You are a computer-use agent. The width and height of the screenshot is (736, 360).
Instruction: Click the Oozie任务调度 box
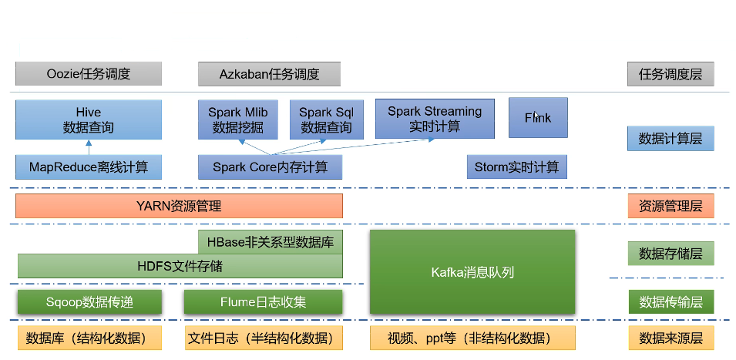tap(89, 74)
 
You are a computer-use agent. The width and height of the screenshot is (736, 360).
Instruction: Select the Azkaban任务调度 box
tap(269, 74)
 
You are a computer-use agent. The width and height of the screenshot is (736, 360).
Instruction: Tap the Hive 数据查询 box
tap(89, 119)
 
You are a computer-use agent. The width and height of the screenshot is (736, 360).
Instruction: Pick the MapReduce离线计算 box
tap(89, 167)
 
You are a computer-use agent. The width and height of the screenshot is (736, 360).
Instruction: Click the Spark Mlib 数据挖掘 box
tap(237, 119)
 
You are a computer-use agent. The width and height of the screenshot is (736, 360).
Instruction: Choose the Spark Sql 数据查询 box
tap(326, 119)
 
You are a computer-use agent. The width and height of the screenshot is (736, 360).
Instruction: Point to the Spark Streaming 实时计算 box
tap(435, 118)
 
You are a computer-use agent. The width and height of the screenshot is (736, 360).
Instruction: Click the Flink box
tap(538, 117)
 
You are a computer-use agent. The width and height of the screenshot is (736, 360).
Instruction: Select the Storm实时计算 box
tap(517, 167)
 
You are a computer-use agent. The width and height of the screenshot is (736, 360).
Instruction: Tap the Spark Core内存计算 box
tap(270, 167)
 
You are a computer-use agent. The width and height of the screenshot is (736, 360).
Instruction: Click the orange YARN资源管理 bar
tap(179, 206)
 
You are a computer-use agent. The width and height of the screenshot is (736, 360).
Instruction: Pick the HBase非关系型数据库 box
tap(271, 242)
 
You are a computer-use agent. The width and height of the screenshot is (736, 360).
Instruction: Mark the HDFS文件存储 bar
tap(180, 266)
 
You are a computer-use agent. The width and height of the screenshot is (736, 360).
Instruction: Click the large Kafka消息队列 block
tap(472, 272)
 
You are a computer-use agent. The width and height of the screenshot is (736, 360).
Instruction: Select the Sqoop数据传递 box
tap(89, 302)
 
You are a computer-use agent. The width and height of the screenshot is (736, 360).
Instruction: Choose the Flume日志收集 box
tap(263, 302)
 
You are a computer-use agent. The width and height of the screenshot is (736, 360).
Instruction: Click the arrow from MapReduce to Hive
tap(89, 147)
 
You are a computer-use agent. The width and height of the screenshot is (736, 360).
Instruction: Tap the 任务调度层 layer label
tap(670, 74)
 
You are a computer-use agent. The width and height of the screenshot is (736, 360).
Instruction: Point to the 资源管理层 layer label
tap(670, 206)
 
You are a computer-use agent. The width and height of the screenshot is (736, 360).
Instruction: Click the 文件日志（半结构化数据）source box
tap(264, 338)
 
